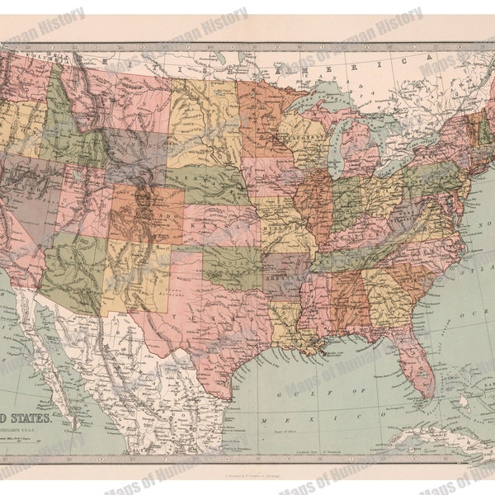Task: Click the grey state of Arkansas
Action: click(x=285, y=272)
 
